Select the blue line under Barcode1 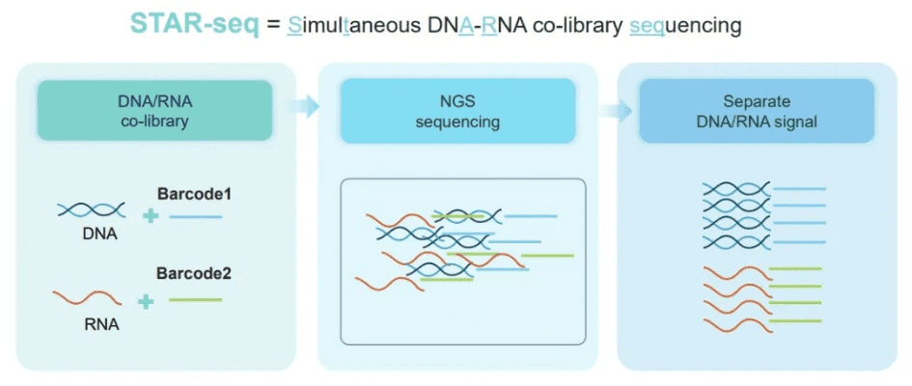click(x=195, y=216)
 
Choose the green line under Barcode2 click(x=195, y=300)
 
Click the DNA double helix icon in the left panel click(x=91, y=210)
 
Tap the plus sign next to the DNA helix click(x=150, y=215)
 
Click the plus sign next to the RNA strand click(x=146, y=301)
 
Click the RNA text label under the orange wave click(x=101, y=325)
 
